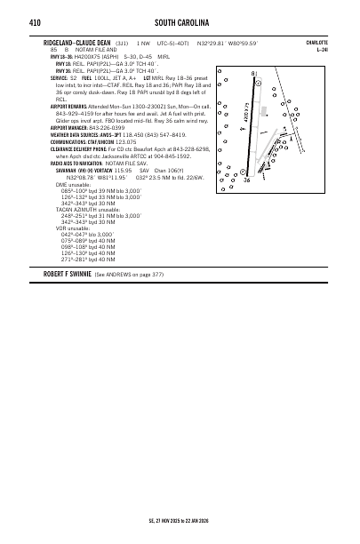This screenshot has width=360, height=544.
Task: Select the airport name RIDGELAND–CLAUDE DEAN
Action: click(77, 43)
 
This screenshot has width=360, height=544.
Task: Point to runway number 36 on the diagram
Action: click(246, 180)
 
